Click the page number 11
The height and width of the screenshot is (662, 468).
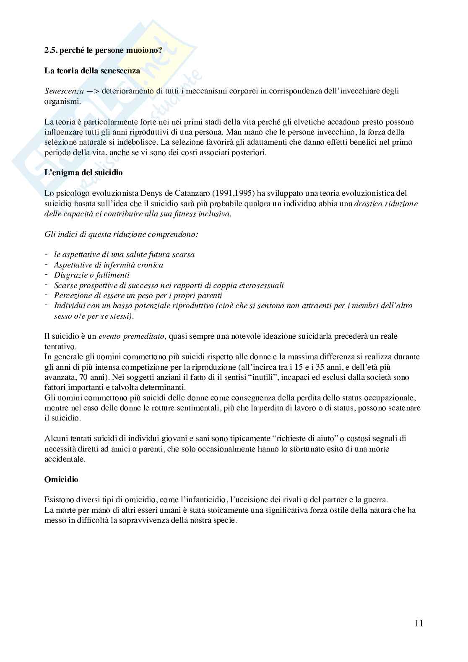click(x=419, y=623)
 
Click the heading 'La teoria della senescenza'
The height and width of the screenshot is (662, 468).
click(x=92, y=71)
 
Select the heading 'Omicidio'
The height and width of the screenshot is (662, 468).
click(x=61, y=479)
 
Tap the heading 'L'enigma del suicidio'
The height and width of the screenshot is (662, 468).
click(x=83, y=172)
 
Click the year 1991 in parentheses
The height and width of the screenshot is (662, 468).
click(x=222, y=193)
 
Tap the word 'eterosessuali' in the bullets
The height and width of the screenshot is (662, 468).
click(x=260, y=286)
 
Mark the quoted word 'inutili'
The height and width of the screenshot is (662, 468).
click(x=263, y=377)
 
